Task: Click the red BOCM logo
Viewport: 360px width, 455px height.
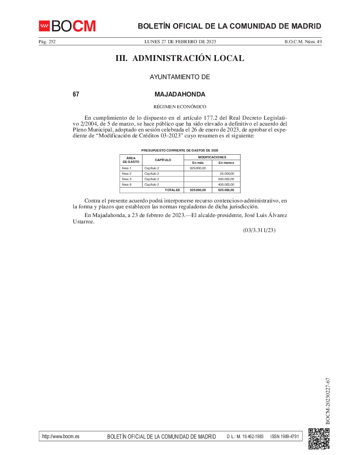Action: [67, 26]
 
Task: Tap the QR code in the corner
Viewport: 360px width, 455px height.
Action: [319, 439]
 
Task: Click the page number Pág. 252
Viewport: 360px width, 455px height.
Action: [47, 41]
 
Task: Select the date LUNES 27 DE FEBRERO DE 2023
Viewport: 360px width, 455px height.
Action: [180, 41]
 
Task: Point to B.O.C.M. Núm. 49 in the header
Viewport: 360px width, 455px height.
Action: [303, 41]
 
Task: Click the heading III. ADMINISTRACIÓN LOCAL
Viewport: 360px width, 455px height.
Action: [180, 58]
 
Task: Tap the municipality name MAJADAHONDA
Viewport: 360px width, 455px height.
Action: [180, 95]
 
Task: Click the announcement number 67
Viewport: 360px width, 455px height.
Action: [76, 95]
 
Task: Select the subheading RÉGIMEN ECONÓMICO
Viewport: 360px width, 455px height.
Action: [180, 106]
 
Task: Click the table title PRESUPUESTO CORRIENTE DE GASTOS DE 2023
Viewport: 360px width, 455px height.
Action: [180, 150]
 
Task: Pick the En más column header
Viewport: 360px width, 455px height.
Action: [198, 162]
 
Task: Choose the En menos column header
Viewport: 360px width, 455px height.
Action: [226, 162]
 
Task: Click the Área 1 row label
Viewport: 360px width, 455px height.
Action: [126, 168]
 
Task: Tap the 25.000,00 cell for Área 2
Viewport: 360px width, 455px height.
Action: [226, 174]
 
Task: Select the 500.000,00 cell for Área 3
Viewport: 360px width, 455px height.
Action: [226, 179]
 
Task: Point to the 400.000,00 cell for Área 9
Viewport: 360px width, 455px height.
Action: [226, 185]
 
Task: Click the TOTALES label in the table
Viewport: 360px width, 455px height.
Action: [172, 190]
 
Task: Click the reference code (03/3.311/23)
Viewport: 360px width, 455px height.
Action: [260, 230]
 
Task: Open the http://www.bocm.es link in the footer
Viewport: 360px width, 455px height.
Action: [60, 436]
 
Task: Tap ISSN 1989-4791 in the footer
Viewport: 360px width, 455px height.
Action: [285, 436]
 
